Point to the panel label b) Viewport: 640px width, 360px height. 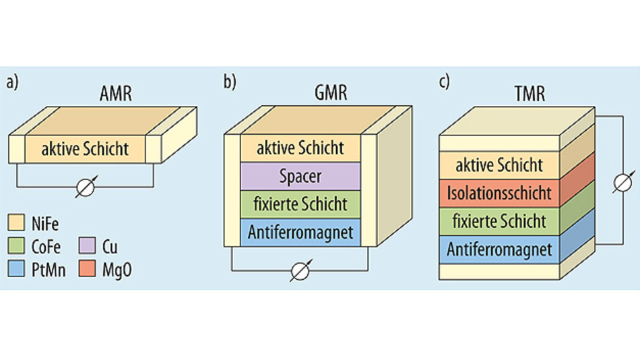(x=230, y=82)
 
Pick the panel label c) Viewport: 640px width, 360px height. (x=444, y=82)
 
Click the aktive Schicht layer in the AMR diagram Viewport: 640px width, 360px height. (x=85, y=148)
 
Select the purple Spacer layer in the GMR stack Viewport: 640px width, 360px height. (x=300, y=176)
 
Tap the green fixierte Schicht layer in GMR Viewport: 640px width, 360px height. (x=300, y=204)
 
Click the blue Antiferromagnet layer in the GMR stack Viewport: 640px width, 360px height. (x=300, y=233)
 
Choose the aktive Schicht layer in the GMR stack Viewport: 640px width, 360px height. (x=300, y=148)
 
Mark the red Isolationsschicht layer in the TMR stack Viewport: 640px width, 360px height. (x=499, y=193)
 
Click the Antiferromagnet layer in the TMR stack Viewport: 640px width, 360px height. (x=499, y=249)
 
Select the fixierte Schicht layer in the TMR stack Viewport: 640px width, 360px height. (x=499, y=221)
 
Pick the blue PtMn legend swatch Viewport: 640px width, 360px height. (x=17, y=270)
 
